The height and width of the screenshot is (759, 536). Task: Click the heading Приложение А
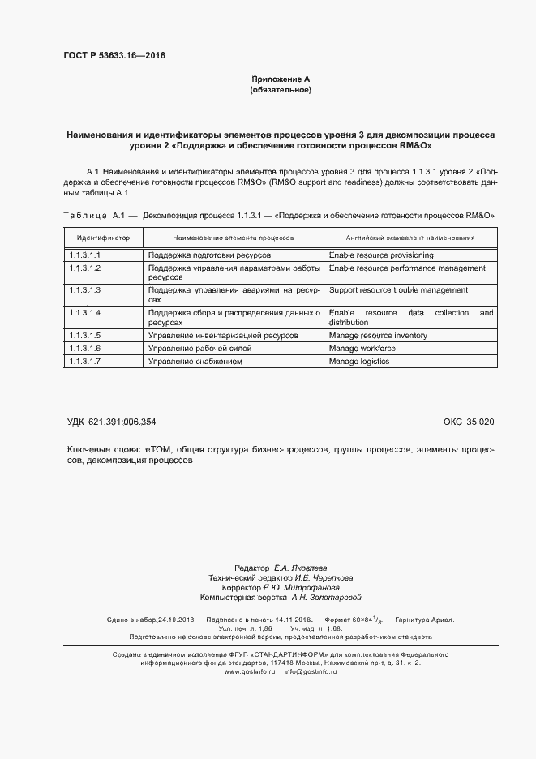(x=281, y=79)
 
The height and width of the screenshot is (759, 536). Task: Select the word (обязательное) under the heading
(x=281, y=90)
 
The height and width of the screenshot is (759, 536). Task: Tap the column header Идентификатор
(x=103, y=238)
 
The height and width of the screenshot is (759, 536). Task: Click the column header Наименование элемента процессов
(x=234, y=238)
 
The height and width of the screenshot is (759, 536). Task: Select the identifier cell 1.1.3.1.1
(x=85, y=255)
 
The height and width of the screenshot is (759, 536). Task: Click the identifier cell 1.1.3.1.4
(x=85, y=312)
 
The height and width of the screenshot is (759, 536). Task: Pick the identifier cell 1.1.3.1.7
(x=85, y=361)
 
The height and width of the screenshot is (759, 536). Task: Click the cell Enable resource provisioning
(x=381, y=255)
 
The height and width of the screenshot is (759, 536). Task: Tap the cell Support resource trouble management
(x=398, y=289)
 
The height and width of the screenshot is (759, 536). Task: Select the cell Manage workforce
(x=362, y=348)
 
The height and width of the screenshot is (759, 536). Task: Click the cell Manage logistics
(x=359, y=361)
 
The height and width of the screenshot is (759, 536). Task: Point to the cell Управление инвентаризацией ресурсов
(x=223, y=335)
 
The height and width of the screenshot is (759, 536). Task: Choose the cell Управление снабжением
(x=195, y=361)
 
